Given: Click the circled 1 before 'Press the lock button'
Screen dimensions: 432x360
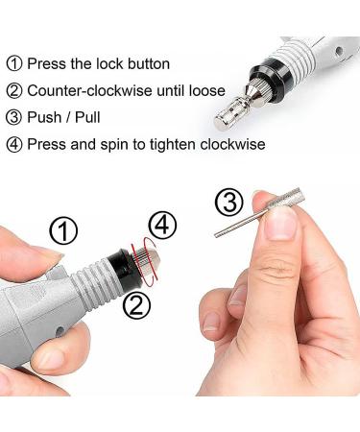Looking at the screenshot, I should (x=15, y=64).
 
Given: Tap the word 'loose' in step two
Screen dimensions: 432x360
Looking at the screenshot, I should (x=204, y=91).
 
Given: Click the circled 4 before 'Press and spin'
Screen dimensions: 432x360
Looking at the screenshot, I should (x=15, y=145).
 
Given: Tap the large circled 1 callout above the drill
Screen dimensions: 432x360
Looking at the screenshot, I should (x=63, y=231).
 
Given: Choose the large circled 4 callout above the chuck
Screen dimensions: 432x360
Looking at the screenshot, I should (x=163, y=226).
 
